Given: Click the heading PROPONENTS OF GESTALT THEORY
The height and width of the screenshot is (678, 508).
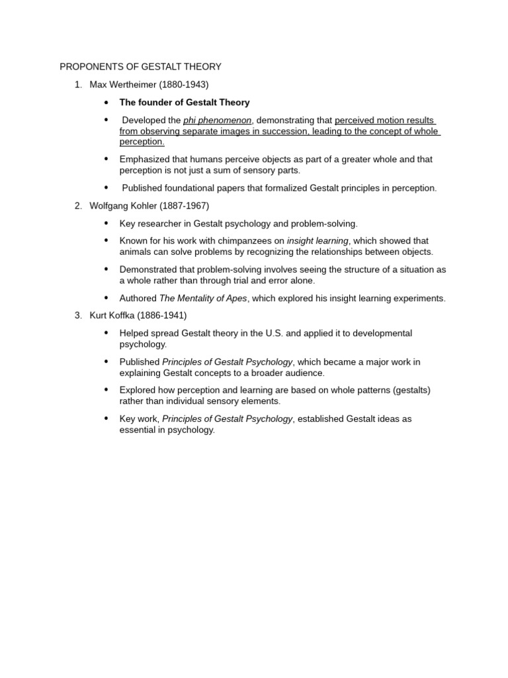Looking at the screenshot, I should coord(140,67).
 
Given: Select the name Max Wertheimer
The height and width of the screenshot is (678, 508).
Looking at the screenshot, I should coord(122,85).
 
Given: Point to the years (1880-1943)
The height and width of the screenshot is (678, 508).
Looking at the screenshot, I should coord(185,85).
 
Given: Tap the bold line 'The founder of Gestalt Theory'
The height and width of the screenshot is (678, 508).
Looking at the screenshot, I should coord(185,103).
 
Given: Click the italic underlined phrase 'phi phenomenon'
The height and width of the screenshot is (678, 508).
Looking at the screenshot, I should coord(217,121).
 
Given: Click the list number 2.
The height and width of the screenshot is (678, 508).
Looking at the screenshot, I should coord(77,206).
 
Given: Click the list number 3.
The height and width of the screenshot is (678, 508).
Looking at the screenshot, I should coord(77,316).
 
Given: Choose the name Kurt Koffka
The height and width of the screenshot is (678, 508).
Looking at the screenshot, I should coord(112,316).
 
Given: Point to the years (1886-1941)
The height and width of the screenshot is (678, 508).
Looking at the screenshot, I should coord(162,316).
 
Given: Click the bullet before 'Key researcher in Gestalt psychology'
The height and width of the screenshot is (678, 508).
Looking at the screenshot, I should coord(106,223).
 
